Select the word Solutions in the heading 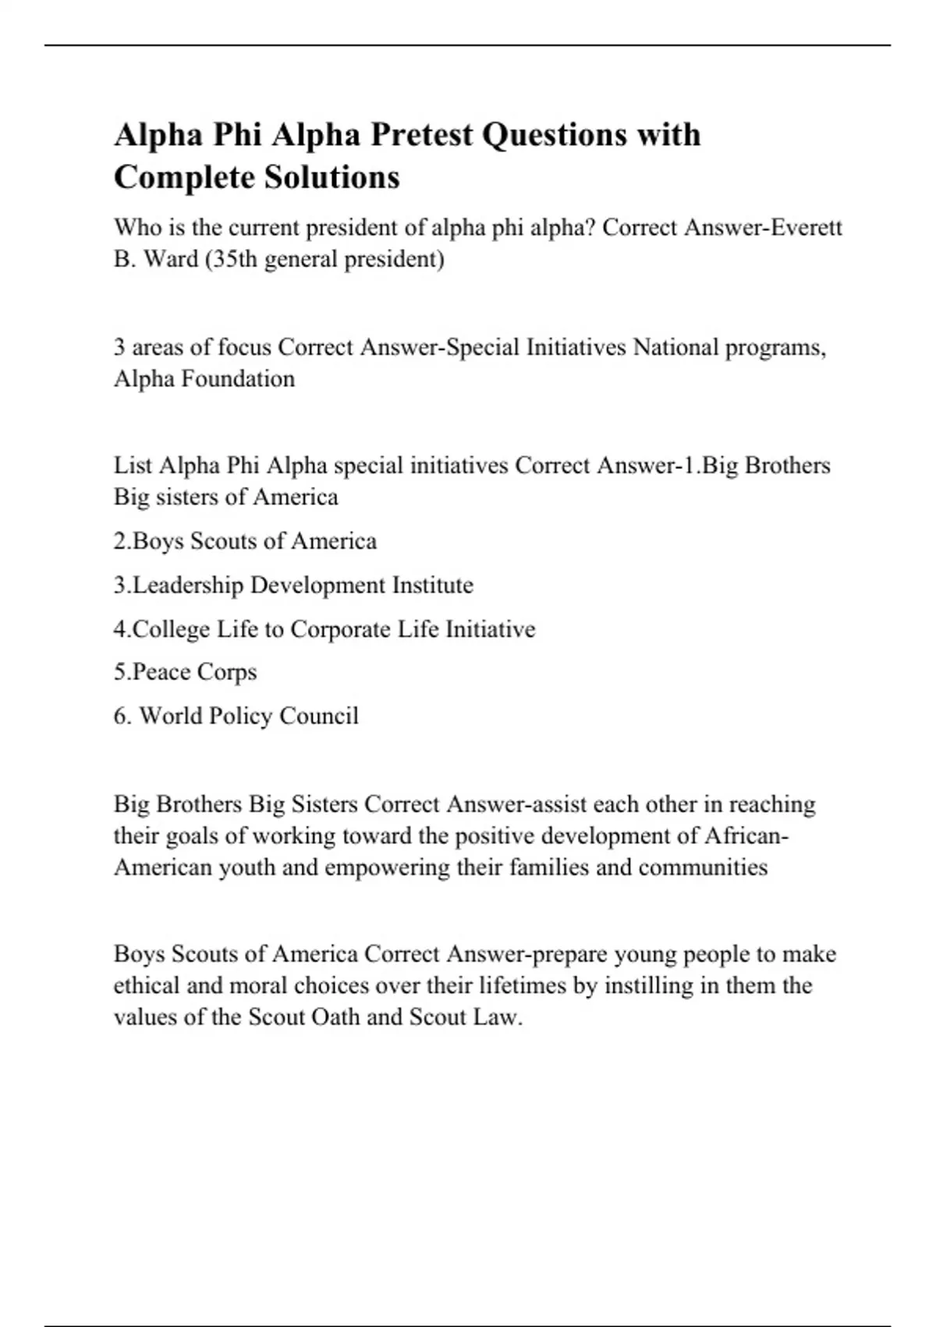[332, 177]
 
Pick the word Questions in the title [555, 135]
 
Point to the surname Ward [171, 258]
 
